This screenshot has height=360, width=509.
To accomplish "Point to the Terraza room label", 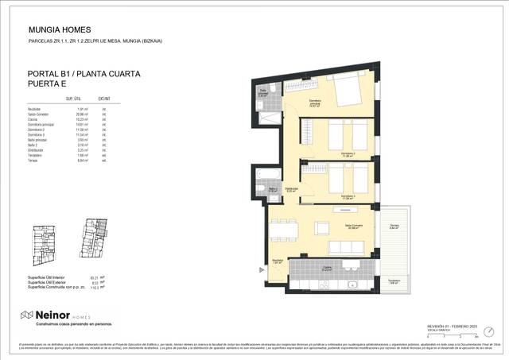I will [394, 226].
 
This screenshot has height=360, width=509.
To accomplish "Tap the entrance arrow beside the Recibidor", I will [262, 269].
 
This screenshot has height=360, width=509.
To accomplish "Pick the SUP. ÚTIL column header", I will [75, 99].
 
